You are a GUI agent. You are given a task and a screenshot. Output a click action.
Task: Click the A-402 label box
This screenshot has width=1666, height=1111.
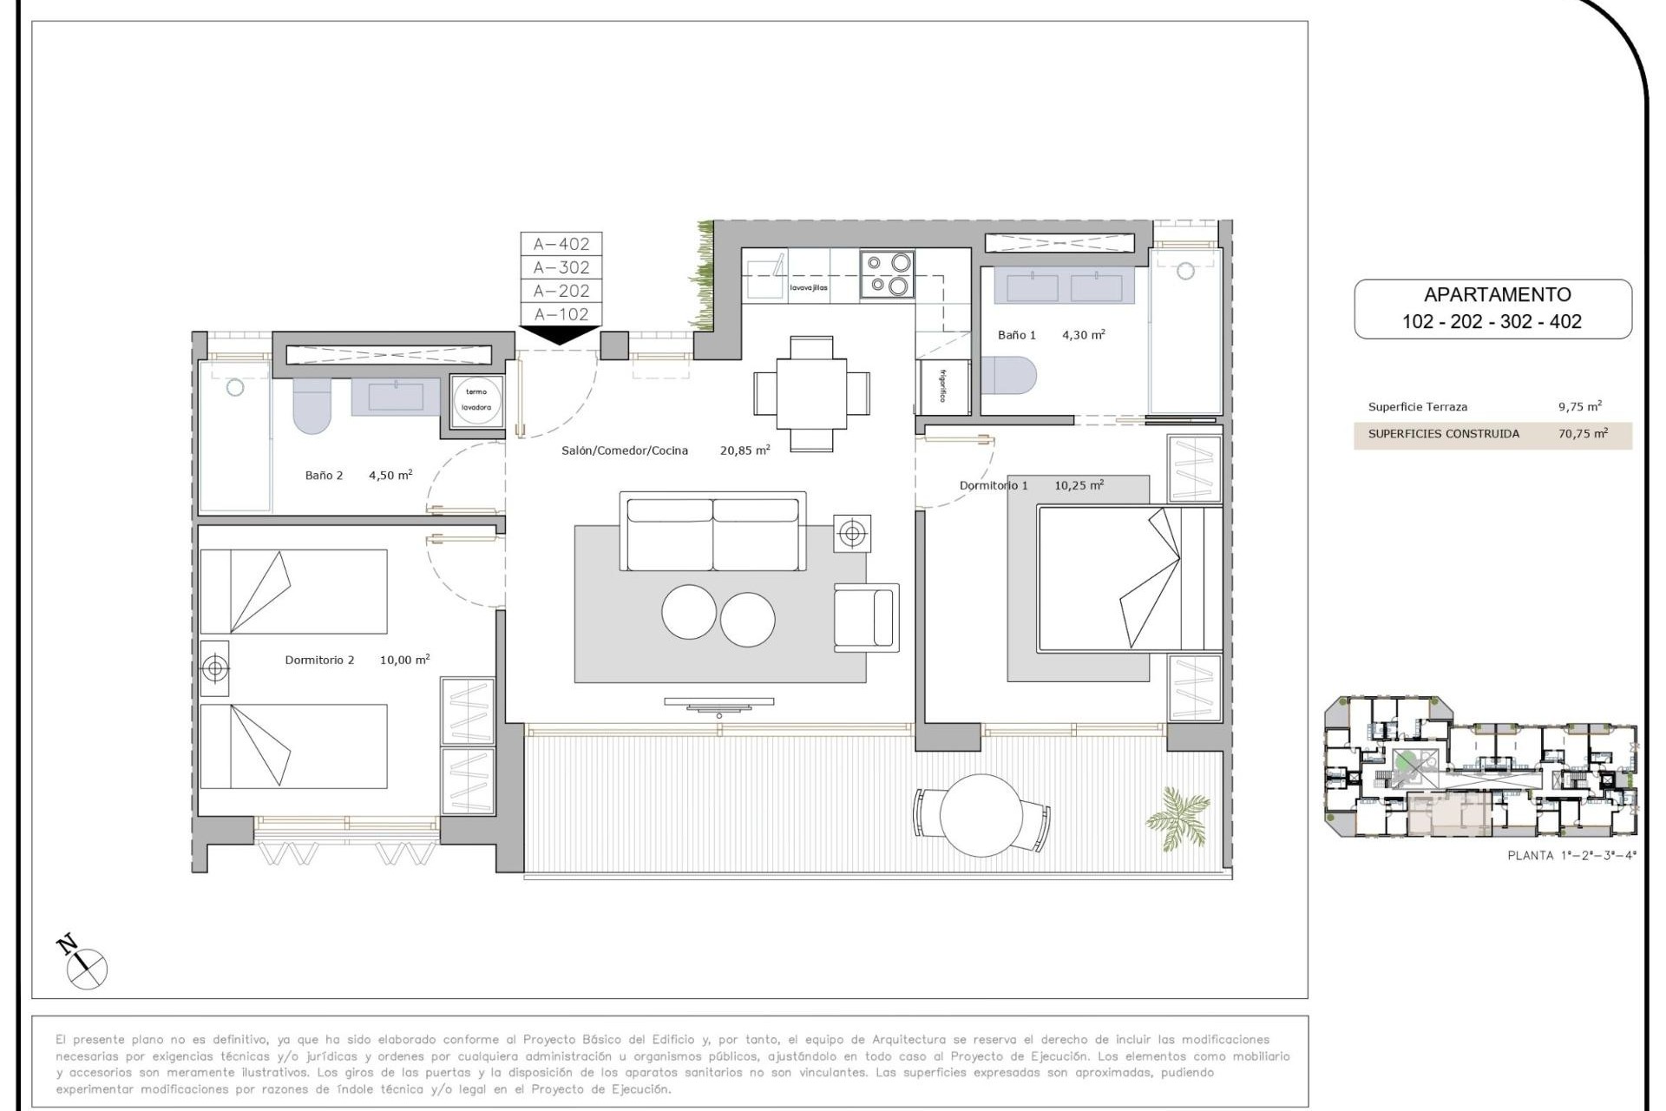click(561, 244)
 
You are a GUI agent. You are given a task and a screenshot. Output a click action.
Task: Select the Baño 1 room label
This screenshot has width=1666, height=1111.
click(1016, 335)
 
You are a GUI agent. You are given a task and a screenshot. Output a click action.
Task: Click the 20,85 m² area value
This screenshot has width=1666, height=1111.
click(744, 450)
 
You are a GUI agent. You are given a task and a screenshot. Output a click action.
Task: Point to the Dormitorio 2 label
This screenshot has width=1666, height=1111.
click(319, 660)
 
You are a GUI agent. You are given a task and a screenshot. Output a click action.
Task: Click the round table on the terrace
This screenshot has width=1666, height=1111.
click(981, 815)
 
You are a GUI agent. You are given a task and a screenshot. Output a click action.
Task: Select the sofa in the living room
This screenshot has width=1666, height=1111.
click(712, 533)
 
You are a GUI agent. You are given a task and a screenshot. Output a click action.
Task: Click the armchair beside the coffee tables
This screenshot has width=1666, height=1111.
click(865, 617)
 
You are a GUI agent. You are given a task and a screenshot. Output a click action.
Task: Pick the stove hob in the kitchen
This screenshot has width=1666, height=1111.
click(887, 274)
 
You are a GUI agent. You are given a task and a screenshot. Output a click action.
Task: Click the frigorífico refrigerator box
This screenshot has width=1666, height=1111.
click(943, 385)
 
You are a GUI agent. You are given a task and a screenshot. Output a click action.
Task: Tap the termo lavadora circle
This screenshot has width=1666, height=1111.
click(476, 400)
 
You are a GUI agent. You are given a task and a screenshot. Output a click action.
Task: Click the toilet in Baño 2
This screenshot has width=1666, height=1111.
click(312, 405)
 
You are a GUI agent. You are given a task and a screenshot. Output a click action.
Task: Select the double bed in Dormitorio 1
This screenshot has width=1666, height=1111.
click(1128, 578)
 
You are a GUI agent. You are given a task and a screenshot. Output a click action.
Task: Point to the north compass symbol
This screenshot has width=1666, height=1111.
click(83, 963)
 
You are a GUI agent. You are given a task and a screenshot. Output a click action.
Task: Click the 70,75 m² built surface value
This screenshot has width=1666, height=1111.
click(1583, 434)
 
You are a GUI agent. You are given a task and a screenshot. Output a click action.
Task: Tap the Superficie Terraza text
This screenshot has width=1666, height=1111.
click(1417, 407)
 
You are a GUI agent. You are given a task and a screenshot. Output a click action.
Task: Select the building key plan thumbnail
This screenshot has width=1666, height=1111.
click(1479, 766)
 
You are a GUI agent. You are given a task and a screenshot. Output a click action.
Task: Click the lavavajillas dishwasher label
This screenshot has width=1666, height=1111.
click(808, 287)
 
